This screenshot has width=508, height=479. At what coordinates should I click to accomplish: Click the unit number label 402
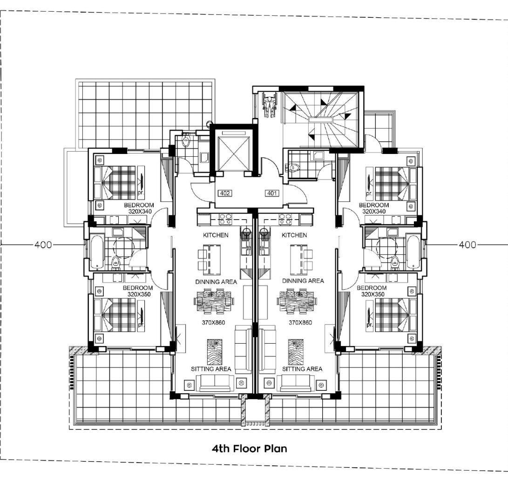tap(225, 194)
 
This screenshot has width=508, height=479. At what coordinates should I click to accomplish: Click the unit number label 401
tap(272, 194)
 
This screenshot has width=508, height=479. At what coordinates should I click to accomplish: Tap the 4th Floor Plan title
tap(250, 449)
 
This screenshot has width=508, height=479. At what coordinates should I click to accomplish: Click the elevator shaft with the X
tap(235, 153)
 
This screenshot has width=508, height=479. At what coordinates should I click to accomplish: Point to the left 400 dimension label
tap(43, 245)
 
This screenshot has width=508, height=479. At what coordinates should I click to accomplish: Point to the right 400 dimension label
tap(467, 245)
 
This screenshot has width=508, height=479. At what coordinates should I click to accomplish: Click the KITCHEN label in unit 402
tap(216, 235)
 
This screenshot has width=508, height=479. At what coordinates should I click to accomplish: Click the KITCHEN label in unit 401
tap(294, 235)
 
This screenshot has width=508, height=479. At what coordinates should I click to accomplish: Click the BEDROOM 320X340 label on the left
tap(139, 208)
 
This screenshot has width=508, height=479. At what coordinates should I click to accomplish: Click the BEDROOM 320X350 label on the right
tap(372, 291)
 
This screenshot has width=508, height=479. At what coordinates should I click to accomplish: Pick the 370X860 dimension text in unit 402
tap(213, 323)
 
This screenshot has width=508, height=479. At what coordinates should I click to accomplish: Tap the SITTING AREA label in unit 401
tap(302, 369)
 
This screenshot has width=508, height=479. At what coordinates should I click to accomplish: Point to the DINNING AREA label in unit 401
tap(303, 281)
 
